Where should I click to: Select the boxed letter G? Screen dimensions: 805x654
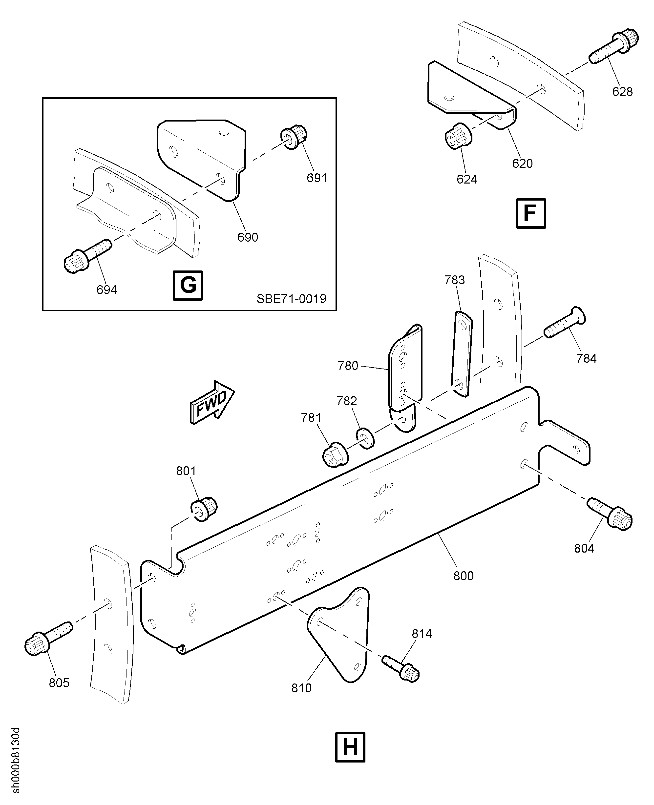tap(188, 286)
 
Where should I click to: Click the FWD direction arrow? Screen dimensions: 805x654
tap(212, 402)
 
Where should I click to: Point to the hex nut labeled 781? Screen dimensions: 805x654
tap(335, 456)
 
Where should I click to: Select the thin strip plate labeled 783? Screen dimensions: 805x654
tap(462, 353)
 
